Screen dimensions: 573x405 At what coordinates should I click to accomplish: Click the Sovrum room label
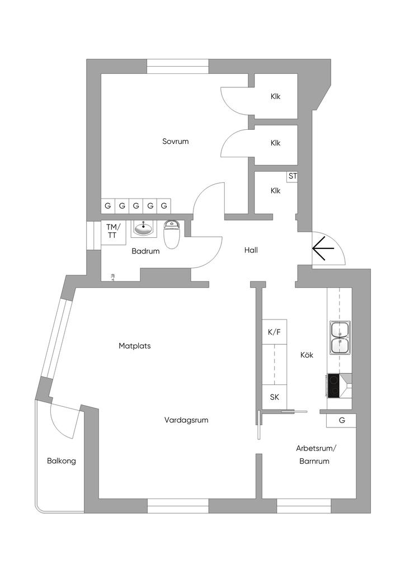(x=175, y=142)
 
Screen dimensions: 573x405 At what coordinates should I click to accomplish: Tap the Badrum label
(x=145, y=251)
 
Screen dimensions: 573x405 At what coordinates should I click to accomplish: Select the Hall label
(x=251, y=250)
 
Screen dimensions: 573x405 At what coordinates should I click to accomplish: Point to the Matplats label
(x=134, y=346)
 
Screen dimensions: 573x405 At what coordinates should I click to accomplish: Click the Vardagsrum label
(x=186, y=420)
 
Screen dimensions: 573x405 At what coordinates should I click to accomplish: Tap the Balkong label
(x=61, y=461)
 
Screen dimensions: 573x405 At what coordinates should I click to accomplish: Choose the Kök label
(x=307, y=355)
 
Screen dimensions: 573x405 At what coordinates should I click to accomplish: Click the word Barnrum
(x=314, y=462)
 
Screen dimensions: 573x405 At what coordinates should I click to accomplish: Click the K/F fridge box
(x=274, y=332)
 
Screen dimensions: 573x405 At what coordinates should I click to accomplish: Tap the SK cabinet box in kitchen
(x=274, y=397)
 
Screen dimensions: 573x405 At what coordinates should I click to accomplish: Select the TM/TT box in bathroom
(x=113, y=231)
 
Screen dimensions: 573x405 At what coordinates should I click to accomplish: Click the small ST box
(x=292, y=176)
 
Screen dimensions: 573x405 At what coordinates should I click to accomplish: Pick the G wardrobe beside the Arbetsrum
(x=341, y=420)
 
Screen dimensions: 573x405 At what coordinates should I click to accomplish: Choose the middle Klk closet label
(x=275, y=143)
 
